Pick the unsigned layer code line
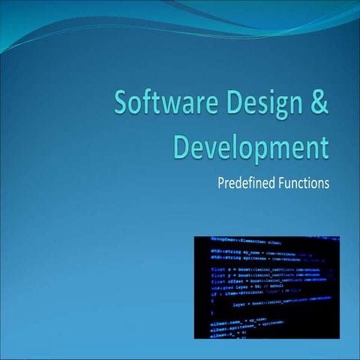pyautogui.click(x=240, y=286)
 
